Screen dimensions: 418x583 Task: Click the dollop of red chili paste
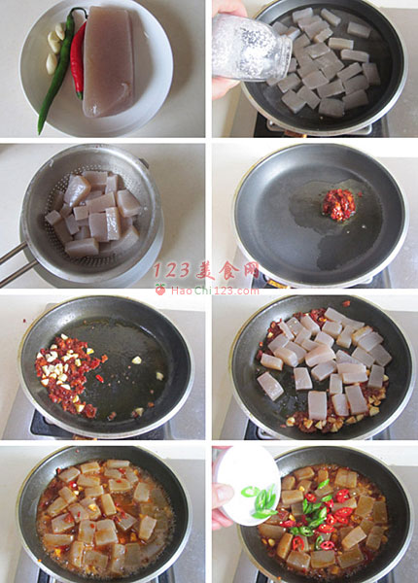click(339, 204)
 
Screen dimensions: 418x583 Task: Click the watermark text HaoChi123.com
click(215, 291)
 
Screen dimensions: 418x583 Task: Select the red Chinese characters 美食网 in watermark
click(227, 270)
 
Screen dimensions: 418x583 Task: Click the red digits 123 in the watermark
click(172, 270)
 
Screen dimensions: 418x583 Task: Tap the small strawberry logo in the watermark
click(160, 289)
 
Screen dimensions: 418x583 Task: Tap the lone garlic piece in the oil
click(137, 360)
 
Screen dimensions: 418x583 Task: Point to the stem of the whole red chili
click(79, 95)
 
